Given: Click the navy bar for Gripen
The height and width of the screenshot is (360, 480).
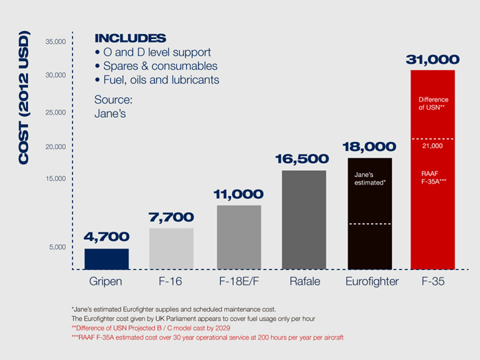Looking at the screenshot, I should (106, 259).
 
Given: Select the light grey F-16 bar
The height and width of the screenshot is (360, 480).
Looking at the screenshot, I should (171, 248).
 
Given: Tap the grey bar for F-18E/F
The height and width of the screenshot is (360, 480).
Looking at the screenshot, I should (239, 237).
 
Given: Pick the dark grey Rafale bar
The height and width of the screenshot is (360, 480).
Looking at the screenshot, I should (304, 219).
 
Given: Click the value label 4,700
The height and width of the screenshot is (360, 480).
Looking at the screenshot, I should (106, 237).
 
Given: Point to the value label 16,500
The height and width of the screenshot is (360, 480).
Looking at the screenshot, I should (304, 159).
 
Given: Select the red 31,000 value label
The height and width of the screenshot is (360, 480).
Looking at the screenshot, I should (432, 60).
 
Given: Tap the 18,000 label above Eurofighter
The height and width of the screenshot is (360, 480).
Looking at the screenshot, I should (369, 147).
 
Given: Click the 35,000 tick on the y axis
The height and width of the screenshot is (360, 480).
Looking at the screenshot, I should (55, 42).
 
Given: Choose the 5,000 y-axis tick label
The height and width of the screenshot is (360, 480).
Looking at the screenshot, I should (57, 247).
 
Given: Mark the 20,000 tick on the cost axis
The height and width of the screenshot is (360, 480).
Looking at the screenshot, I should (55, 147).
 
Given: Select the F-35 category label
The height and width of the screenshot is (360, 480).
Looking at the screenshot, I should (432, 282).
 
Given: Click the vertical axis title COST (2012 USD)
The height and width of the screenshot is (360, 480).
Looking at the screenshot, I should (25, 97).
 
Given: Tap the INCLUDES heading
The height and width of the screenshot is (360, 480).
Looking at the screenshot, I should (130, 38).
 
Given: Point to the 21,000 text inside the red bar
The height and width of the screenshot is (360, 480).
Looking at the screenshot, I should (432, 146).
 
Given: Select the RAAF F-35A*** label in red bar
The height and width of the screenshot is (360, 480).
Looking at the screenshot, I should (433, 177).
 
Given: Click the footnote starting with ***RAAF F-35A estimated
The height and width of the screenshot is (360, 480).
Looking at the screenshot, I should (206, 338).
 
